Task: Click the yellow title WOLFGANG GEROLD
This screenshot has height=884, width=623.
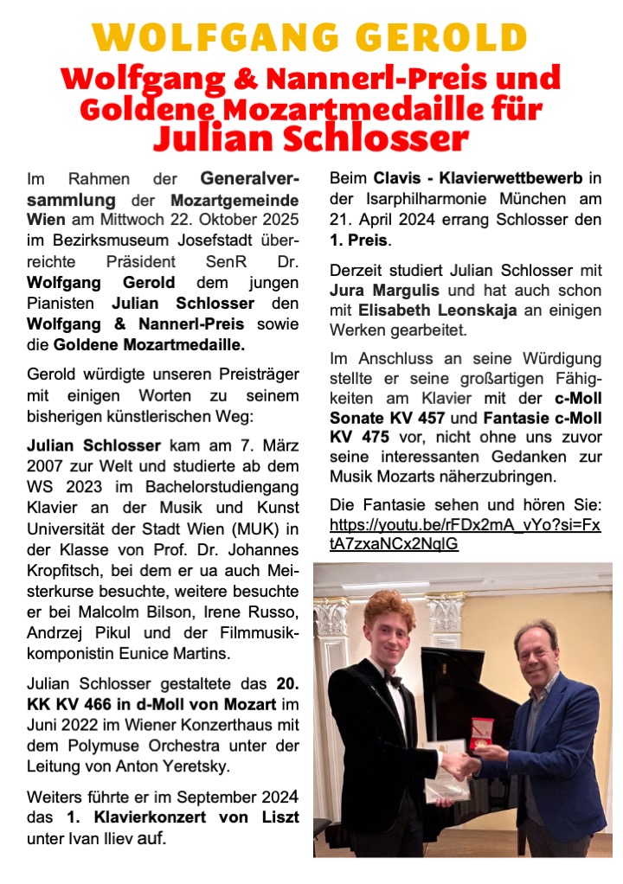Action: point(311,38)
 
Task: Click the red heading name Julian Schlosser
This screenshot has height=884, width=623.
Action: point(311,137)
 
